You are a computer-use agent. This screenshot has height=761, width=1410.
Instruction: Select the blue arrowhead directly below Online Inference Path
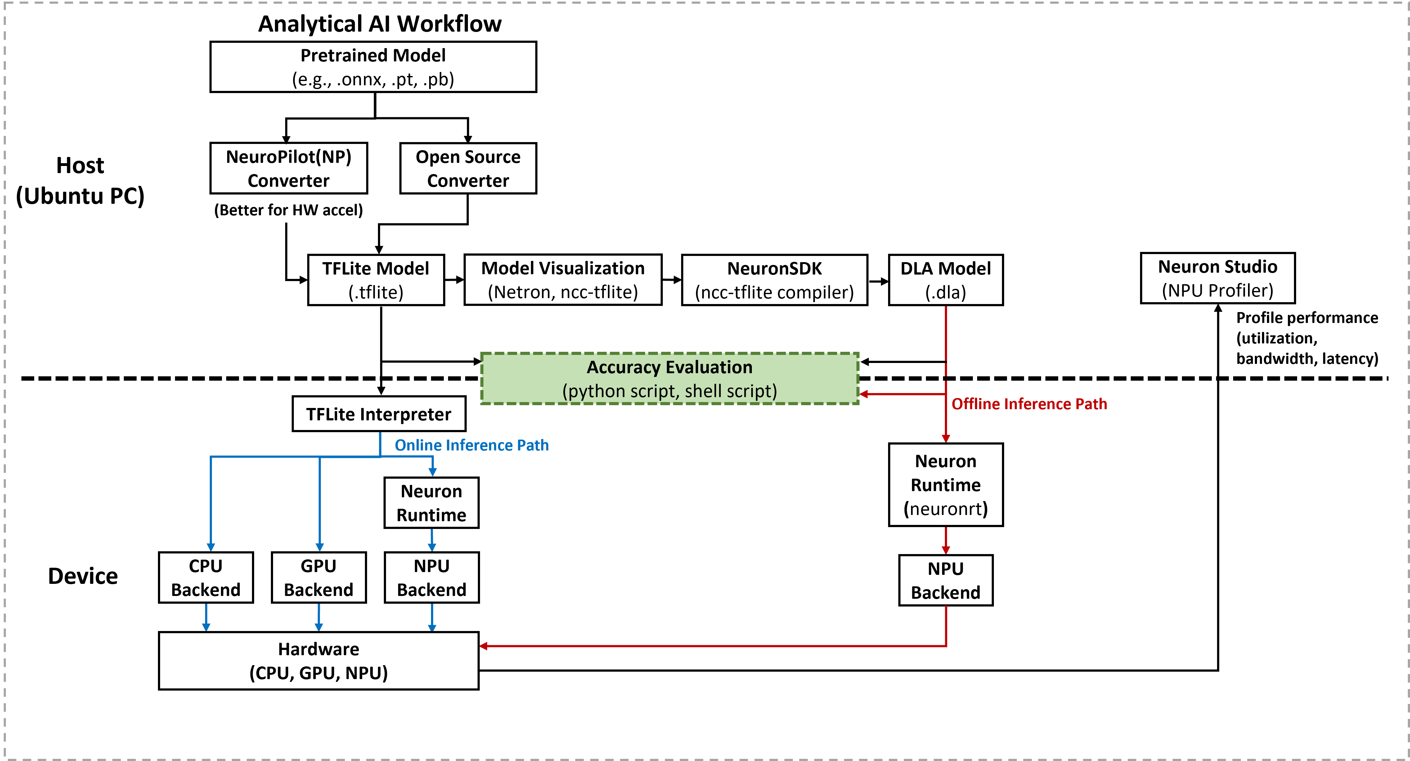[433, 472]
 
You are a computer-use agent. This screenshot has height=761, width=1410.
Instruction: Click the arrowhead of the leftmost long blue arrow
[211, 547]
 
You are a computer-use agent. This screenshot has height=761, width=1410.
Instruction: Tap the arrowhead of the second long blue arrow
[320, 547]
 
